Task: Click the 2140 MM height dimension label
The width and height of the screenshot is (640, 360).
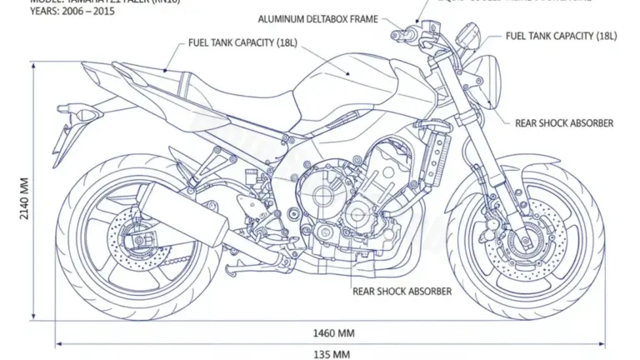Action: [23, 195]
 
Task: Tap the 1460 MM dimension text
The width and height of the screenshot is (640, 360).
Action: [333, 332]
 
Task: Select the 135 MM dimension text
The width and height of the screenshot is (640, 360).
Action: [331, 354]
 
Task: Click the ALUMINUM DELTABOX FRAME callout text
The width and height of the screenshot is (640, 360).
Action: [317, 18]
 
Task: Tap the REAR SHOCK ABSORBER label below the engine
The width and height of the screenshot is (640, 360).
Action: [402, 291]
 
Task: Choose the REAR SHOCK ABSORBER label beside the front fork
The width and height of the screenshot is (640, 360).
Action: [565, 122]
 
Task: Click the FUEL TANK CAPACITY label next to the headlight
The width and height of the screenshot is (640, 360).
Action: [562, 36]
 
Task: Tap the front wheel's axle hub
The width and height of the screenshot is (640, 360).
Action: [526, 242]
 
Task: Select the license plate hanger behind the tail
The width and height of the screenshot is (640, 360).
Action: [65, 133]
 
